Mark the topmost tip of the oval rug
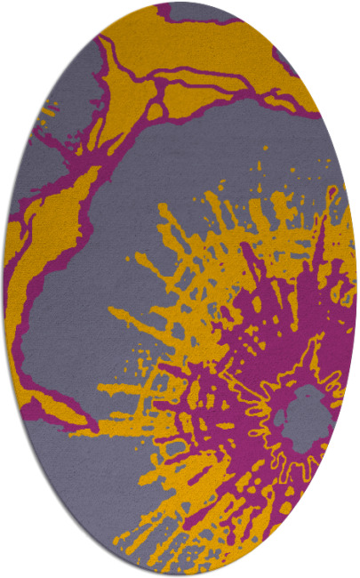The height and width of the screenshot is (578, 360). pos(180,3)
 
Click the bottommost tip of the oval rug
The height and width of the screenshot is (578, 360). pos(180,574)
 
